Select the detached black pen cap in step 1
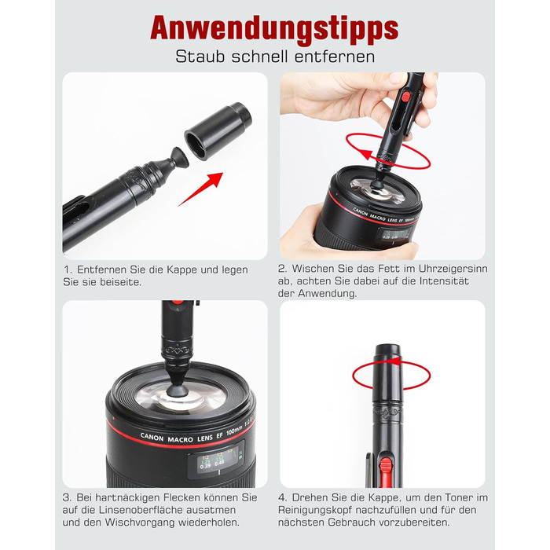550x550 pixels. tap(218, 131)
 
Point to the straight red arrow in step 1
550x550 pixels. tap(200, 189)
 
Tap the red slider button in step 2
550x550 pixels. tap(405, 97)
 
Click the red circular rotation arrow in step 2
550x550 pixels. tap(388, 152)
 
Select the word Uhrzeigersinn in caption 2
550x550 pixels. tap(453, 269)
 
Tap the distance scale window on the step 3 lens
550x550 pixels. tap(216, 460)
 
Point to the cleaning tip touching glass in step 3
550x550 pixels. tap(178, 387)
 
